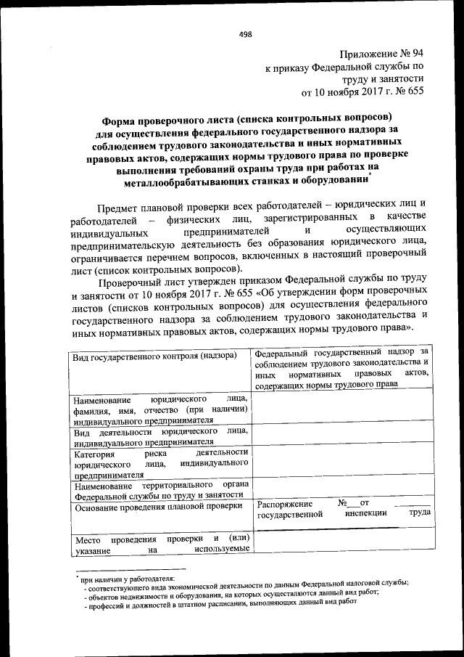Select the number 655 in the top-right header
[x=415, y=92]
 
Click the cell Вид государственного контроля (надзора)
[x=154, y=356]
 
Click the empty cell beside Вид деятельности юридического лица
[x=342, y=435]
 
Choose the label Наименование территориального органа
[x=160, y=490]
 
